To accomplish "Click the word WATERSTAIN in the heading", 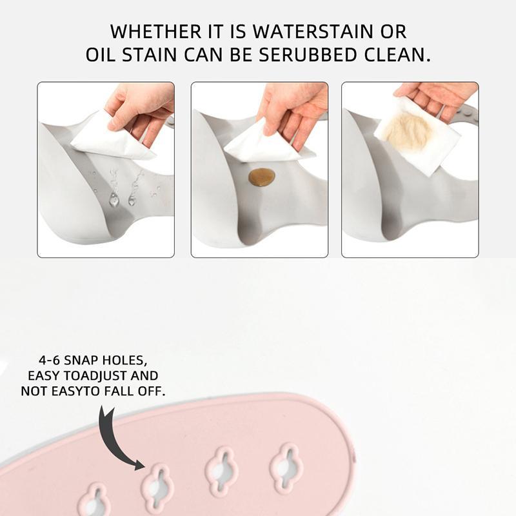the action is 312,32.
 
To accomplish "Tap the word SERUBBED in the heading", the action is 308,55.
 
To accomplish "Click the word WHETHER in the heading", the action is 155,32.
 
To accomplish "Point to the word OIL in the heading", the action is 101,55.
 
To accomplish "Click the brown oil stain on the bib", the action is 262,177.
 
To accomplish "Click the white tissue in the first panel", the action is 112,137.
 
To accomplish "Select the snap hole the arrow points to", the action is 157,486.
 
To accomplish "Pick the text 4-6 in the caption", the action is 50,361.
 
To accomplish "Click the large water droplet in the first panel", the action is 114,199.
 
